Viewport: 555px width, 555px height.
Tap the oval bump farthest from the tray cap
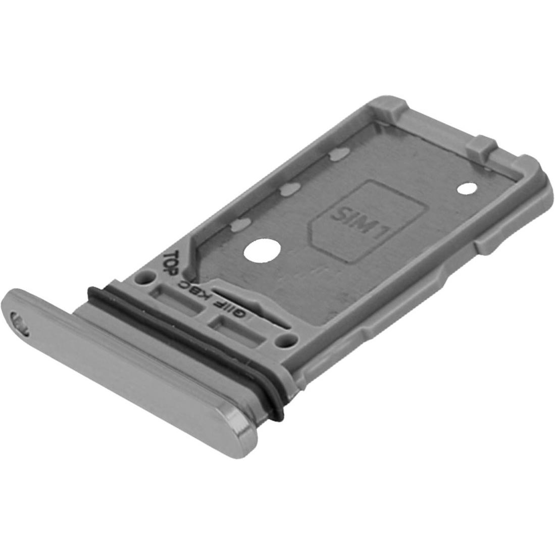tap(337, 156)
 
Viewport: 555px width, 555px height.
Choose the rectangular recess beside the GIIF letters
tap(232, 328)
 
